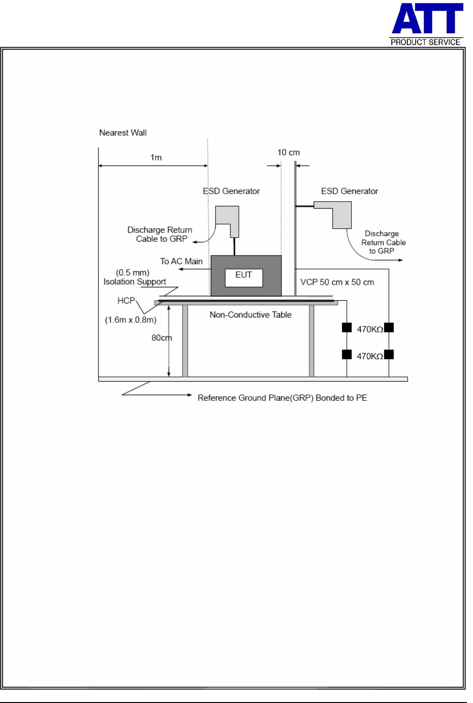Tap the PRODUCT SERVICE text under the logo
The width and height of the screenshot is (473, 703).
(x=425, y=42)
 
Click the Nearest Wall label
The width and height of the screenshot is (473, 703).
(x=123, y=133)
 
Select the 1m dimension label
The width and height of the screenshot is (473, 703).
(x=156, y=158)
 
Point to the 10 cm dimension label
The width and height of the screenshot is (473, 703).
(x=288, y=152)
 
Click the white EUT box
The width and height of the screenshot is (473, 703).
(x=244, y=277)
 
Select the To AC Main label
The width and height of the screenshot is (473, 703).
(x=181, y=261)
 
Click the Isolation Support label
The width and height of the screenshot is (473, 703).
(x=135, y=282)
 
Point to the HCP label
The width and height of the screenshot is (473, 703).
(x=126, y=301)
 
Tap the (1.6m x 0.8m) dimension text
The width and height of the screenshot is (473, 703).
(x=130, y=320)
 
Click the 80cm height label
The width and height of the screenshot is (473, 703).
(x=161, y=338)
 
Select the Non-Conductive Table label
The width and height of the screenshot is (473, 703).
(x=251, y=315)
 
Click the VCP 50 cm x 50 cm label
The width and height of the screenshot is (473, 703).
(x=337, y=283)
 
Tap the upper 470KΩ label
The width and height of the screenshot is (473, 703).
(x=370, y=329)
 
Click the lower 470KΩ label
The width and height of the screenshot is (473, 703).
(x=370, y=356)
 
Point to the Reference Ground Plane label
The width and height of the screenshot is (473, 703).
(x=282, y=398)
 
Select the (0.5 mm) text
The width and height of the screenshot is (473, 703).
(x=133, y=273)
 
